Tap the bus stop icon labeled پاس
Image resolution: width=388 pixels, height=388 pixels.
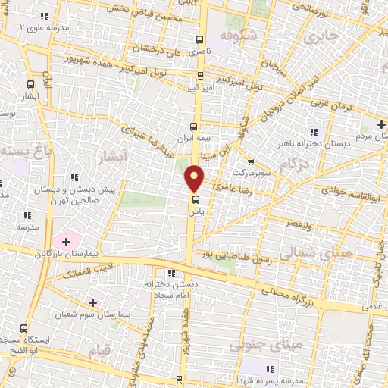point(196,201)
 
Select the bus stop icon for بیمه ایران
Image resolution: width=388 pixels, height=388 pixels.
point(193,127)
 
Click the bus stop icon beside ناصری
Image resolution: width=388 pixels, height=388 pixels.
point(199,40)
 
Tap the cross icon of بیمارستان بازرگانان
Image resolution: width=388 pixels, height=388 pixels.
point(67,242)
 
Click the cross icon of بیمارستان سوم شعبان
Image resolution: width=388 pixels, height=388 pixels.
point(92,302)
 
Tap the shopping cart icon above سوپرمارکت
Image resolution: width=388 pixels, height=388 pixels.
point(252,161)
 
